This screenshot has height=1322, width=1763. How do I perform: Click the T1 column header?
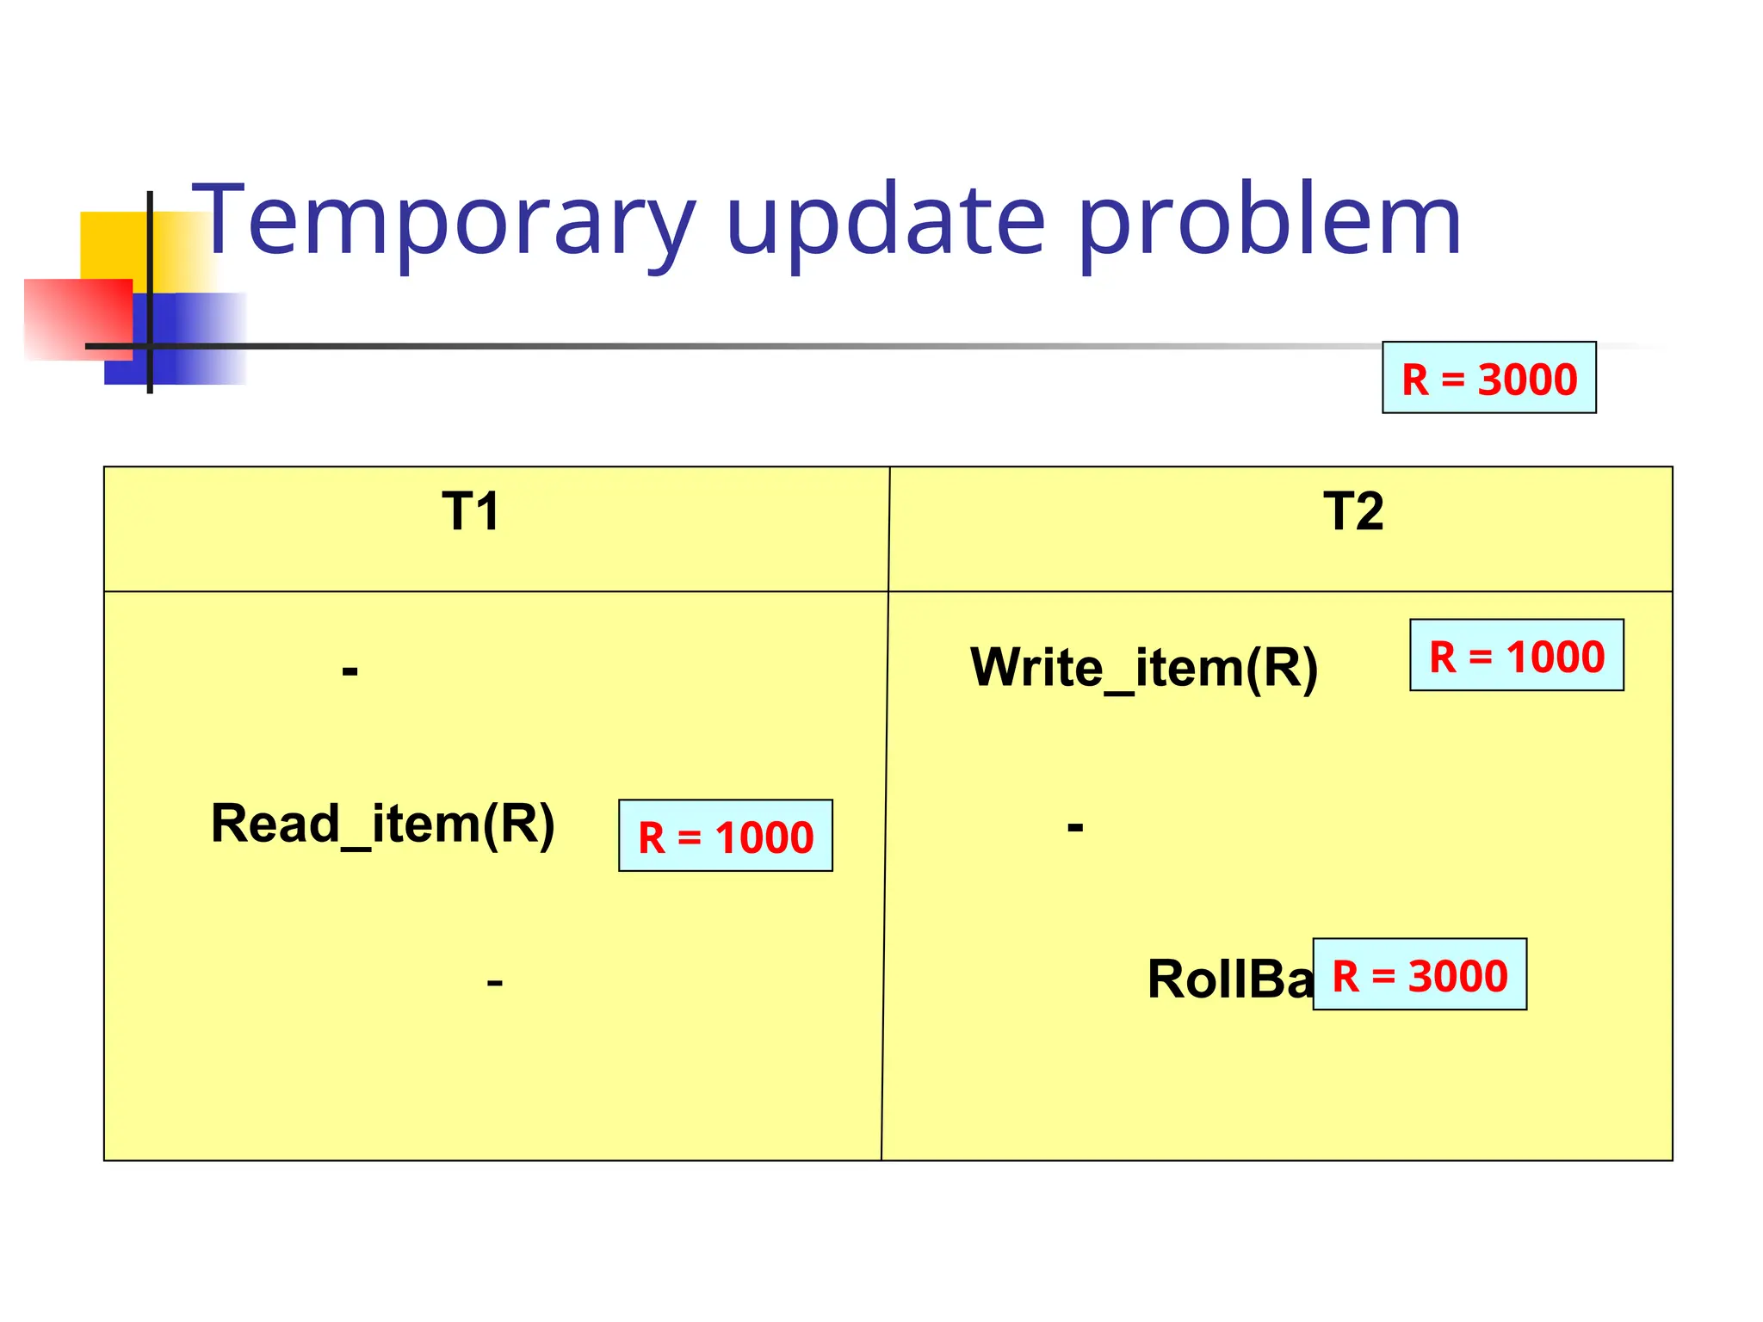point(470,511)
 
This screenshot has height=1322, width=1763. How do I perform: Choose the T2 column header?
point(1353,511)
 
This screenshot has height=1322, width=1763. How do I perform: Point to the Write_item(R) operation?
point(1143,668)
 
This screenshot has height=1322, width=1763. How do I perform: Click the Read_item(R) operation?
point(383,825)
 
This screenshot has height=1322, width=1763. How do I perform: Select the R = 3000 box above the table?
point(1488,378)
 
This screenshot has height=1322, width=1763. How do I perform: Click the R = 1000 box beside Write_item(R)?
point(1516,655)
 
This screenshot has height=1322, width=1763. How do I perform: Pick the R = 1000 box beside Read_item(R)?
point(725,836)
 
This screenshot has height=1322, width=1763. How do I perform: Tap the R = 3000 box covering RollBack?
point(1420,974)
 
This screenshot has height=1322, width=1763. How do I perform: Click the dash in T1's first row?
point(350,670)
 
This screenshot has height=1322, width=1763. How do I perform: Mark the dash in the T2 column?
point(1075,827)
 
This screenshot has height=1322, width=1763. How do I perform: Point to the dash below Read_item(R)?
point(494,982)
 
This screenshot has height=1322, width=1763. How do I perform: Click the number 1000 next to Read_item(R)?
point(764,837)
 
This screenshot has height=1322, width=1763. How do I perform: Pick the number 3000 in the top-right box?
point(1527,380)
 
